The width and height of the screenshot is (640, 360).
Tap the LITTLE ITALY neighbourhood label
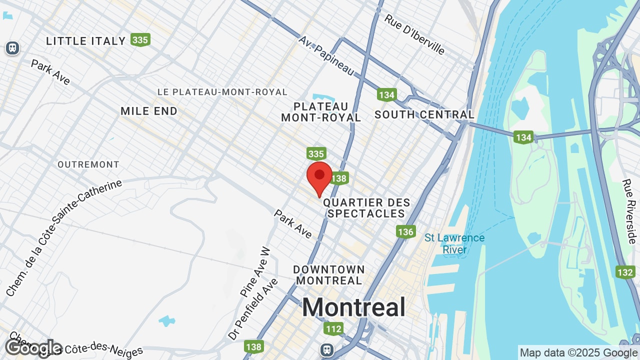click(85, 41)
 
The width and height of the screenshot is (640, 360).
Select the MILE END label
click(149, 111)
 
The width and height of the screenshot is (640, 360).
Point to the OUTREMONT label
click(88, 164)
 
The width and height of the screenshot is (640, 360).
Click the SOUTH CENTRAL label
click(424, 114)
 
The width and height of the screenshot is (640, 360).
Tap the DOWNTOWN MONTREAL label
click(328, 275)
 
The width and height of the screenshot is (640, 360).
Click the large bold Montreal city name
click(353, 306)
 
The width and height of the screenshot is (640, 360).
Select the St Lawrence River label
click(454, 243)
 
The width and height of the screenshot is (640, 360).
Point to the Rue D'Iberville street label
click(414, 34)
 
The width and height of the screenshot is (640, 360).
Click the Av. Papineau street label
click(326, 55)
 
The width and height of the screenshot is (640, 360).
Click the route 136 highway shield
click(405, 231)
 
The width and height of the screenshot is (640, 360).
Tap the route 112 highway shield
click(333, 328)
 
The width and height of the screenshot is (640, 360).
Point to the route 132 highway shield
click(625, 272)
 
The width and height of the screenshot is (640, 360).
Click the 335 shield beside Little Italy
click(140, 39)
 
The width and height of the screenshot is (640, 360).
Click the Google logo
click(33, 347)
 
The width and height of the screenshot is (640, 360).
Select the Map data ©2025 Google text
click(578, 352)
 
